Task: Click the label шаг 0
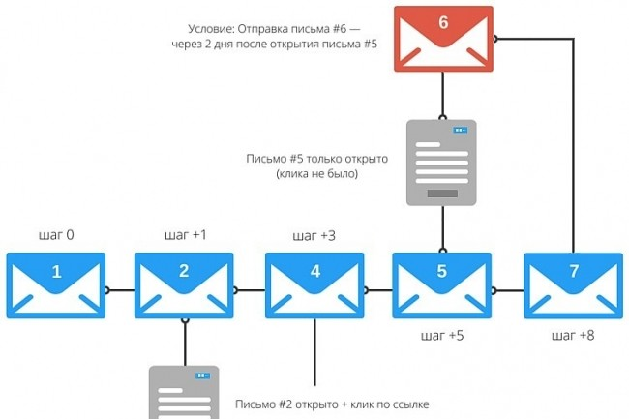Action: [56, 235]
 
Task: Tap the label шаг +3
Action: [314, 235]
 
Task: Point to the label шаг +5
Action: [443, 337]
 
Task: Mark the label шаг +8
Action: [573, 337]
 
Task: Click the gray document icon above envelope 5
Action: [441, 163]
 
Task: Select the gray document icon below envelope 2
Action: [183, 392]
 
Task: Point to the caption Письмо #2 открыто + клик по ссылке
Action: [332, 404]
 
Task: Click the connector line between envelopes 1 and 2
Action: [119, 289]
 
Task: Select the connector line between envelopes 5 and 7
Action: [508, 289]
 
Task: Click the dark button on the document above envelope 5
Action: [441, 193]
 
